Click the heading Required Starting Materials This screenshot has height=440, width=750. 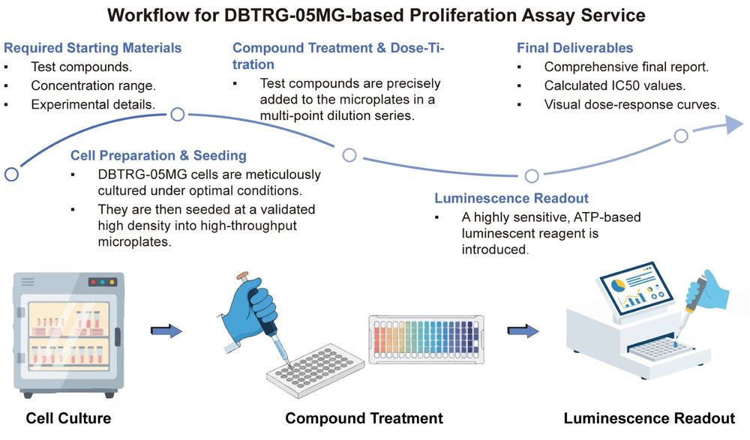[93, 48]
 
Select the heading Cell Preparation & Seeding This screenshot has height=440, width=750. [158, 156]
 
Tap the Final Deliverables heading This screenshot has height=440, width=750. [574, 48]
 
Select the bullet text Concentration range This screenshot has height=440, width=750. [94, 85]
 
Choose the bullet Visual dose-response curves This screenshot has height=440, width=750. [631, 104]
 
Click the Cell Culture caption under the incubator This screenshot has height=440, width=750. [68, 418]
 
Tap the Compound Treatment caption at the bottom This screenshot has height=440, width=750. [364, 418]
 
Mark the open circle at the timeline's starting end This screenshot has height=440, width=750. [11, 175]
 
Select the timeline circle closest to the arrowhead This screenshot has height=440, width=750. [680, 136]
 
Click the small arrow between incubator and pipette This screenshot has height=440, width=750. [166, 330]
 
